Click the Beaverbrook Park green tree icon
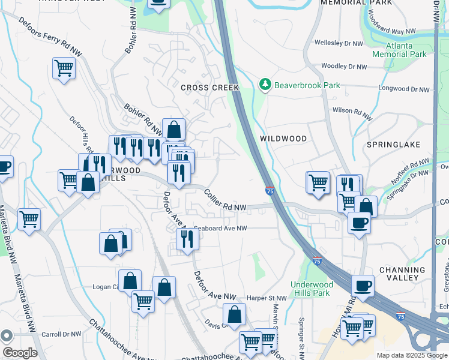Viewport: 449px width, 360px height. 265,85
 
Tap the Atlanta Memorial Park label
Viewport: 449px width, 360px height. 399,50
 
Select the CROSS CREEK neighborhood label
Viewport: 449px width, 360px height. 210,88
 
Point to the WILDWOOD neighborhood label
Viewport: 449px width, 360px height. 283,139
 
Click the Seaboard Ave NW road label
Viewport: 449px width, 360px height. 220,228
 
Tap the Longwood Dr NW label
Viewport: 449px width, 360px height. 404,89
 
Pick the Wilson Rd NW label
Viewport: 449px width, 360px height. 351,111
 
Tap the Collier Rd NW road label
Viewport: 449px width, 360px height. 225,200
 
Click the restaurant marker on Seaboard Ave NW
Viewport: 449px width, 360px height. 188,239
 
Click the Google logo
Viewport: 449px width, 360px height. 20,353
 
